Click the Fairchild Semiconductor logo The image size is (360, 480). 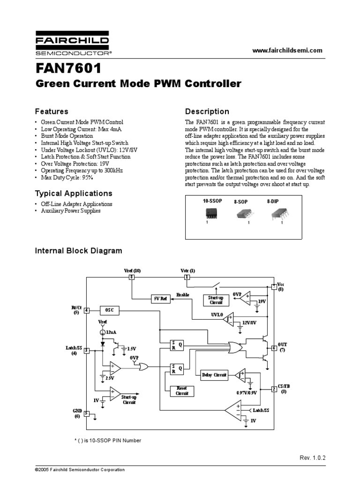(x=74, y=44)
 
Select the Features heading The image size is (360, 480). (x=52, y=112)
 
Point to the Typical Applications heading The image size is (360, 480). (x=74, y=193)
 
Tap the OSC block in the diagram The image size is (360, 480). (x=109, y=310)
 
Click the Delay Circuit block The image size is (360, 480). (x=214, y=375)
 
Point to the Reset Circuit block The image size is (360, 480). (x=181, y=391)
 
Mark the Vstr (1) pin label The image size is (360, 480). (x=187, y=270)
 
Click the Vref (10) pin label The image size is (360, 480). (x=132, y=270)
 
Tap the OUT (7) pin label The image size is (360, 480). (x=283, y=347)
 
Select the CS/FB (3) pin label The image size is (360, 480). (x=284, y=388)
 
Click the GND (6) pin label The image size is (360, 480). (x=77, y=413)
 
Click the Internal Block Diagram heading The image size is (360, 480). (x=79, y=251)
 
